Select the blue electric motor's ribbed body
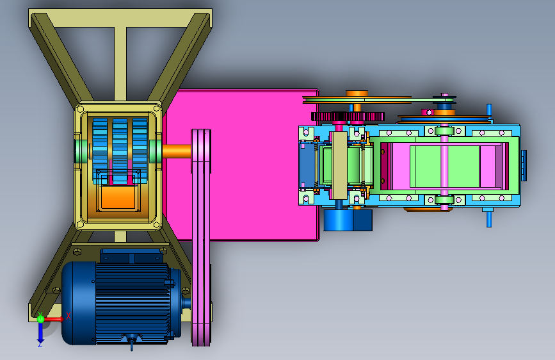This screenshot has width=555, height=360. click(x=133, y=303)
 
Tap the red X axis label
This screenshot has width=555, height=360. click(x=68, y=316)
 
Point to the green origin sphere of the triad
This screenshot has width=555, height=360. click(x=40, y=318)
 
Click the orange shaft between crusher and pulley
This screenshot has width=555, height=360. click(x=177, y=151)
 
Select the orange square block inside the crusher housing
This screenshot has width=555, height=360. click(x=118, y=197)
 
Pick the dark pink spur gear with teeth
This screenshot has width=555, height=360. click(x=348, y=116)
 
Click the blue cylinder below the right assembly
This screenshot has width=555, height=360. click(x=348, y=220)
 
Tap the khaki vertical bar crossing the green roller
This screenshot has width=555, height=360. click(x=339, y=165)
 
